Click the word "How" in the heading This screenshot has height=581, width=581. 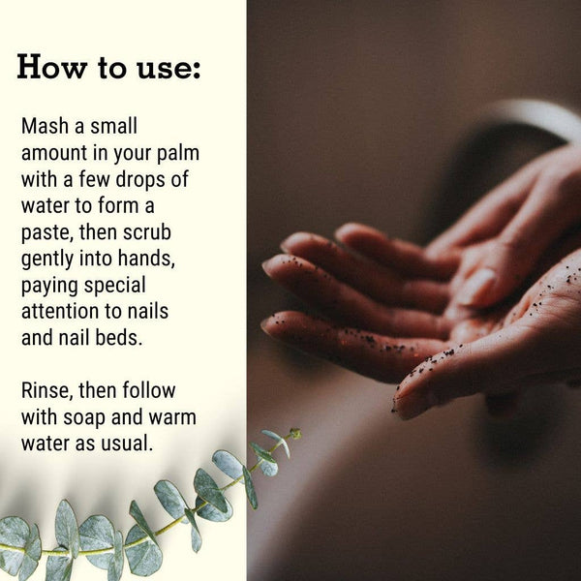(x=52, y=67)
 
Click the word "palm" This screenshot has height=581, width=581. (x=178, y=154)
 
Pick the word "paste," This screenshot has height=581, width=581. (x=46, y=233)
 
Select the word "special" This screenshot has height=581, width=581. (x=114, y=286)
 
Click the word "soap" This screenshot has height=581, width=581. (x=84, y=418)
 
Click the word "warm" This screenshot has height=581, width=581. (x=172, y=417)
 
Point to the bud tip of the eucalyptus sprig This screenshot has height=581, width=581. (x=295, y=433)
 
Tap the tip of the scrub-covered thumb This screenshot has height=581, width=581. (x=396, y=405)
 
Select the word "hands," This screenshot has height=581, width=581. (x=146, y=259)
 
